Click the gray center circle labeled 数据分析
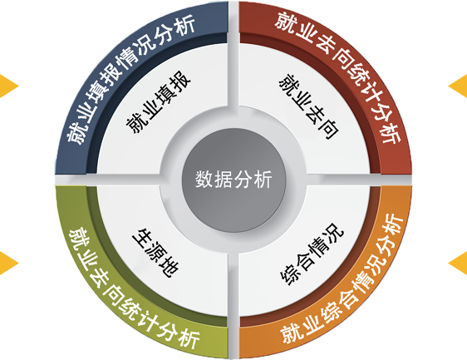[233, 180]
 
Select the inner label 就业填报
[158, 102]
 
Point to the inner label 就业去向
[309, 106]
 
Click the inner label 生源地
[155, 253]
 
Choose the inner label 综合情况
[312, 254]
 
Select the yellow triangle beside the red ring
[458, 86]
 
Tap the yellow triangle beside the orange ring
[458, 264]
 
